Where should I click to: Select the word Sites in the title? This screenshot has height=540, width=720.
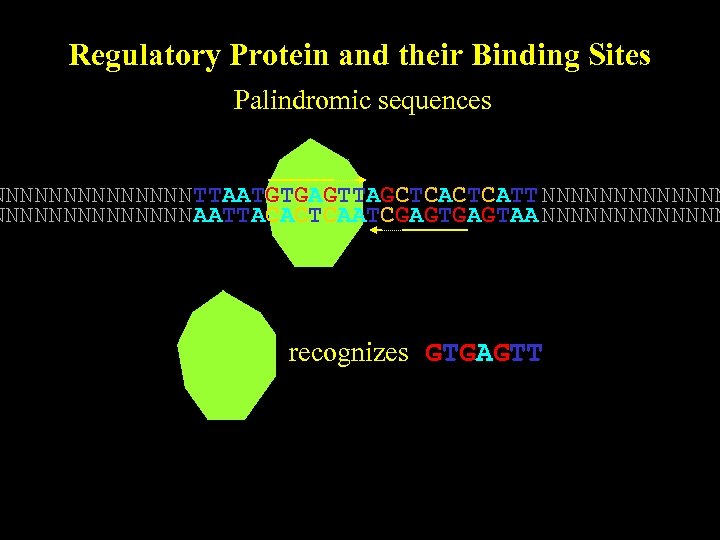tap(622, 55)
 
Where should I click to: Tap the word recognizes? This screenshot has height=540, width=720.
tap(348, 353)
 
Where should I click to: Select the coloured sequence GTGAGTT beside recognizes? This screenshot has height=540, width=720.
tap(484, 353)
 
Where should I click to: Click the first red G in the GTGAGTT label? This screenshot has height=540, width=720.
tap(434, 353)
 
